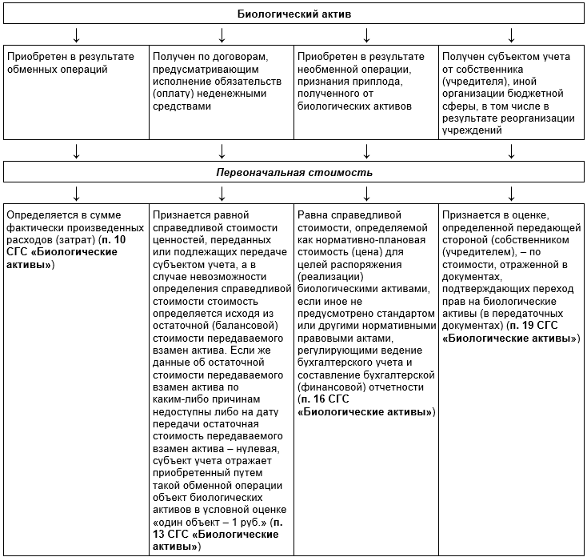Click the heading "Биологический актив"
click(x=293, y=14)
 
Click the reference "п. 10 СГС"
click(x=105, y=240)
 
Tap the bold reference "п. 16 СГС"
click(x=323, y=399)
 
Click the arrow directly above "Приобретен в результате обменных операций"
click(x=76, y=34)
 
